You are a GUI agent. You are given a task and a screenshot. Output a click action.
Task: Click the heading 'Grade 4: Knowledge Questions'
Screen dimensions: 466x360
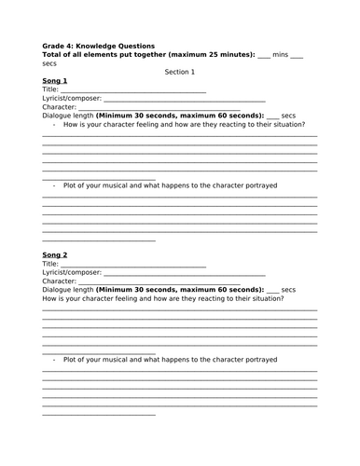(99, 45)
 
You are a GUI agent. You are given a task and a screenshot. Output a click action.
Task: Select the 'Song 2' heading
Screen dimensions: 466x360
(55, 254)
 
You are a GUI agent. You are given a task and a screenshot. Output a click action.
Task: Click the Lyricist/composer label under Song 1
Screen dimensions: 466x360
(66, 100)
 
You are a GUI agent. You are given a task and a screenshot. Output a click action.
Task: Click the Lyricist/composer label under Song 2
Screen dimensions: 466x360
(66, 272)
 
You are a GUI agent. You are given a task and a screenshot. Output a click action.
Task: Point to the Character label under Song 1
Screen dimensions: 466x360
(59, 108)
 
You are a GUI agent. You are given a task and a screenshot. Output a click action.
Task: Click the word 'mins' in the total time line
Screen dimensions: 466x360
(281, 55)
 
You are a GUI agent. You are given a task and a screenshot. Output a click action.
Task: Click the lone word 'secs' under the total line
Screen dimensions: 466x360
(49, 63)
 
